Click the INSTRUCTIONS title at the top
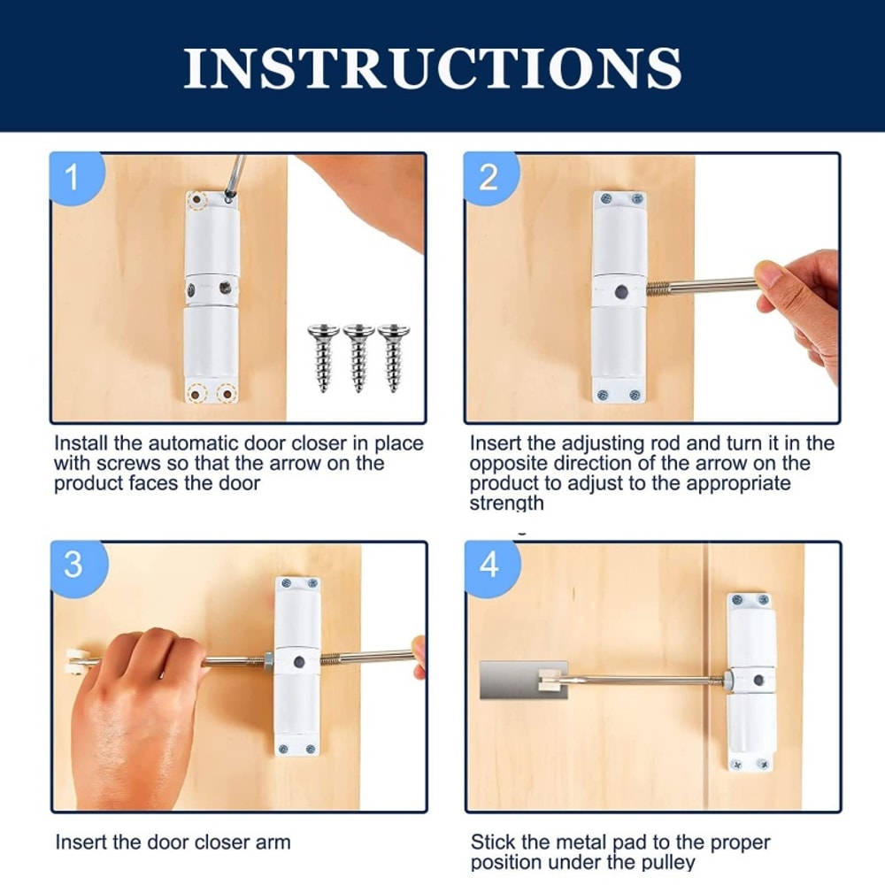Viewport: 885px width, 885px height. click(x=433, y=66)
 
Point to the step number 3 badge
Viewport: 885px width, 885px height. click(x=73, y=565)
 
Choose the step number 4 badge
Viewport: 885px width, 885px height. click(x=489, y=565)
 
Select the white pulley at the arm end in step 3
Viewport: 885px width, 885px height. click(x=74, y=659)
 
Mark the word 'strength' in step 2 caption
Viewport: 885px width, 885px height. click(x=506, y=504)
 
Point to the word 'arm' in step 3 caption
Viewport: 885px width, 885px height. click(x=273, y=842)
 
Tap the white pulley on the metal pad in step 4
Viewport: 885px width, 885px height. click(x=551, y=678)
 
